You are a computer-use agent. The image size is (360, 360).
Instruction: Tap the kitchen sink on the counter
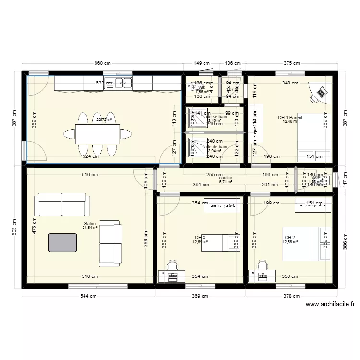[118, 83]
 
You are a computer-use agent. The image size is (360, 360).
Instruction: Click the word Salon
[90, 224]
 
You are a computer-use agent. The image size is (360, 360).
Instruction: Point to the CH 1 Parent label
[290, 117]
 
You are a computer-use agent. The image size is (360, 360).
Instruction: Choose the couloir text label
[226, 177]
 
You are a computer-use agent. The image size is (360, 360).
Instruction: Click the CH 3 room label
[200, 237]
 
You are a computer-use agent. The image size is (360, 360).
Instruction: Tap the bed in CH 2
[306, 243]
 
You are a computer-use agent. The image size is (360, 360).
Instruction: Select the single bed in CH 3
[224, 242]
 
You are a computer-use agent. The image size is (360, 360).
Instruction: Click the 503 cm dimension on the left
[14, 230]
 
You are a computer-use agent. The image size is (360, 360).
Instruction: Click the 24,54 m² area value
[90, 228]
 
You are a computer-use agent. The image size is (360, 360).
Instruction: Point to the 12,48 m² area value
[290, 122]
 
